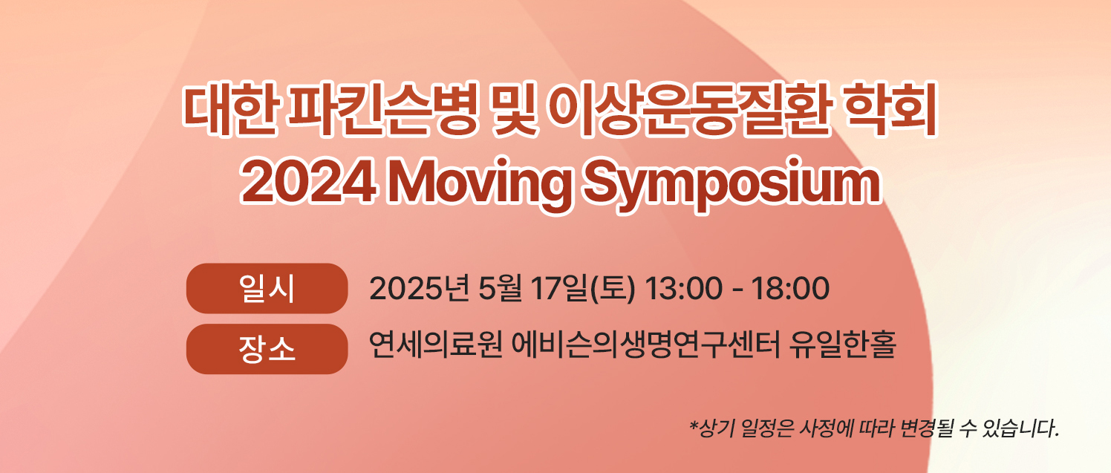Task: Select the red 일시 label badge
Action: (267, 288)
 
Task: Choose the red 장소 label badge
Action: (267, 348)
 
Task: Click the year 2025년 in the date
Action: (419, 289)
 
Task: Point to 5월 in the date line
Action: (500, 289)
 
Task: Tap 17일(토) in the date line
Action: (583, 289)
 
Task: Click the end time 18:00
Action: (790, 289)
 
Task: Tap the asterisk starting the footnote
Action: (694, 425)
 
